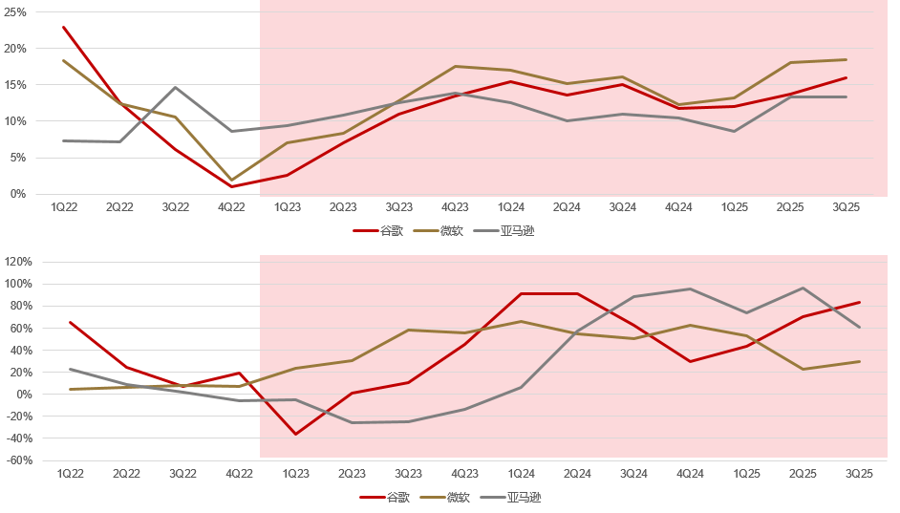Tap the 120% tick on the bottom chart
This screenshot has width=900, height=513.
coord(18,262)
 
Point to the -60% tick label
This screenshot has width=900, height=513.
coord(18,460)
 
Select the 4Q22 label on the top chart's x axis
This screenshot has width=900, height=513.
coord(231,206)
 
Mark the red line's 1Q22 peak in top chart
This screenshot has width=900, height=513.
coord(64,27)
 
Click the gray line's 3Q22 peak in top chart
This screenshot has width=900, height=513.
coord(176,87)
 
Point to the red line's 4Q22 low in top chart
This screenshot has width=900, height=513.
coord(231,186)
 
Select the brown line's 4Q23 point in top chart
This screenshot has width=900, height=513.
coord(455,66)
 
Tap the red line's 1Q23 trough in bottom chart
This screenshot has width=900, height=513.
coord(295,435)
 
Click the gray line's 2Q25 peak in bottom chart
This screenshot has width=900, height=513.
coord(802,289)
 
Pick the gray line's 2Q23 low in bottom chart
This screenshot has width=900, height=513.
coord(352,422)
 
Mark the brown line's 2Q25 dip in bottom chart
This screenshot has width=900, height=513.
coord(802,369)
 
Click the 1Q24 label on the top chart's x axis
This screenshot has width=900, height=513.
coord(510,206)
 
